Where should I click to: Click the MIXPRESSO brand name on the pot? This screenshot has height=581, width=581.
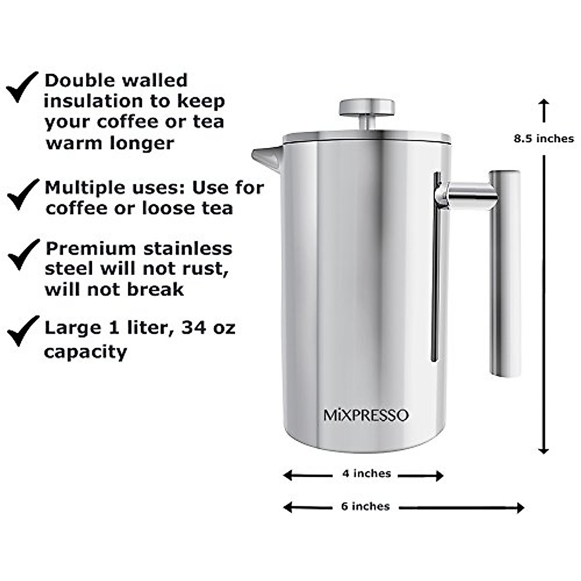(x=366, y=415)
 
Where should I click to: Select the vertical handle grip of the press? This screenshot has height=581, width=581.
(x=505, y=274)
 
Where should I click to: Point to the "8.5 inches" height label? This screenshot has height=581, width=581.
(x=544, y=138)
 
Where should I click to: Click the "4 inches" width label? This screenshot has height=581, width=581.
(x=367, y=474)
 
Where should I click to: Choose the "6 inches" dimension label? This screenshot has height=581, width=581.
(x=366, y=506)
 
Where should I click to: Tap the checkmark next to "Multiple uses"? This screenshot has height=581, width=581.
(x=22, y=193)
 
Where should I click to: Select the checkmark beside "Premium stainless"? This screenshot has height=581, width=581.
(x=23, y=254)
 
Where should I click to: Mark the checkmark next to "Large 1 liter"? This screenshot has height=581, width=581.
(x=22, y=330)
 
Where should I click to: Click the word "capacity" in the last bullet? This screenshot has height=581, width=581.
(x=85, y=352)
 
